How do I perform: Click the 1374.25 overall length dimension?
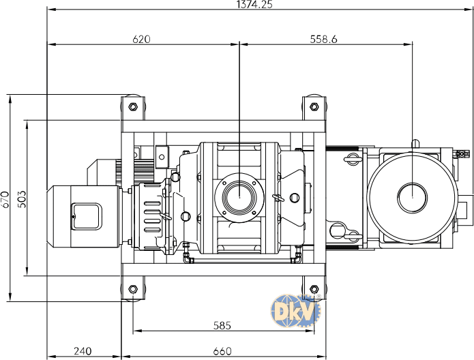pos(254,4)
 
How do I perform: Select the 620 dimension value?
pos(141,40)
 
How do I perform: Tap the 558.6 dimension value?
pos(323,40)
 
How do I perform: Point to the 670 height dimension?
pos(5,199)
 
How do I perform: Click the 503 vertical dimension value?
pos(22,199)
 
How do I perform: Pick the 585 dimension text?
pos(222,325)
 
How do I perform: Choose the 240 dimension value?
pos(83,351)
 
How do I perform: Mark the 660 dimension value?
pos(222,351)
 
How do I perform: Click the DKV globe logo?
pos(295,311)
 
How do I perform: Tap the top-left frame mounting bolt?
pos(133,106)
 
